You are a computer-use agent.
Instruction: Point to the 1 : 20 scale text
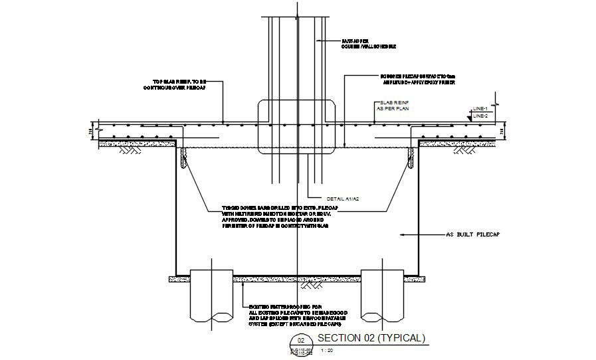(x=327, y=349)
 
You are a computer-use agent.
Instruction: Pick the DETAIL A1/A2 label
(x=343, y=199)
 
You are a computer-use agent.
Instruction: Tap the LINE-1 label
(x=480, y=108)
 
